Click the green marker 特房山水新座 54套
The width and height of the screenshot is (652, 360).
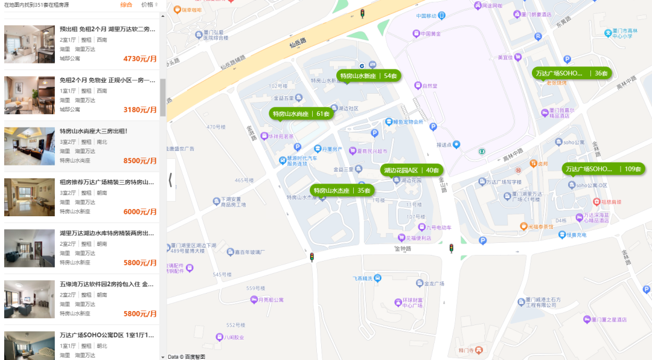367,76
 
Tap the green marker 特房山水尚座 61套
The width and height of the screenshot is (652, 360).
301,114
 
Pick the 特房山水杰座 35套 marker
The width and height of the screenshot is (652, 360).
342,190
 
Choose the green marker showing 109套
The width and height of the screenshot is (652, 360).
603,169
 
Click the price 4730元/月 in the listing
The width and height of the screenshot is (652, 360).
139,59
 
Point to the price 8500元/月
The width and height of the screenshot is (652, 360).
139,161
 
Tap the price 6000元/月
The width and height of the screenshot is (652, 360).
139,212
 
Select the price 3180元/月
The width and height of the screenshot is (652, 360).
139,110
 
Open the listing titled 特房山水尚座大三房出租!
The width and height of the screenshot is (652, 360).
94,131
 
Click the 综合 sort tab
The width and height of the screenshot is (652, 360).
126,5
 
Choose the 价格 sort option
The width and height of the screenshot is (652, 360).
147,5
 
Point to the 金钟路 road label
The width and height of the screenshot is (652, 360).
402,248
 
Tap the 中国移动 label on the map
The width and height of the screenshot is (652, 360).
430,15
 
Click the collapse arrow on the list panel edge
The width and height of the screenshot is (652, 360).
171,179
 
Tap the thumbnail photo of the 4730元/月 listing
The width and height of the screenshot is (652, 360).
30,44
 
